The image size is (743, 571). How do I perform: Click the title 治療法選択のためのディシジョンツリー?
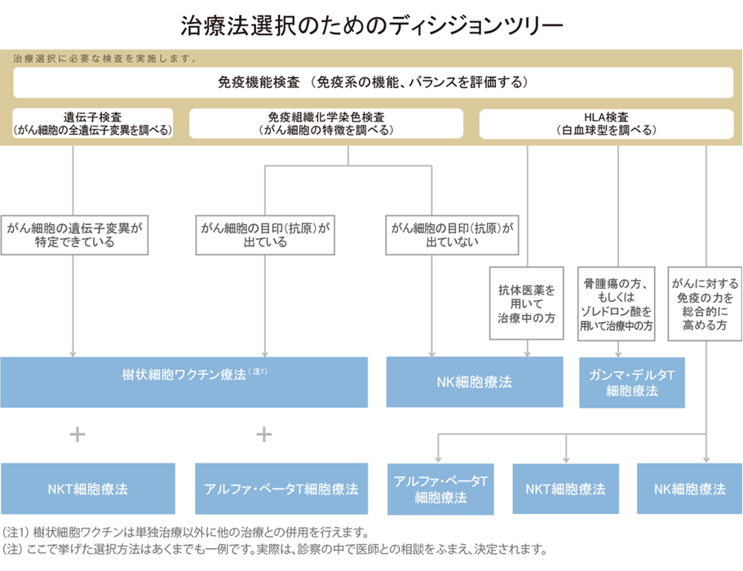pyautogui.click(x=372, y=25)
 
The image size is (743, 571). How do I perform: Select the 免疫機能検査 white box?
pyautogui.click(x=374, y=82)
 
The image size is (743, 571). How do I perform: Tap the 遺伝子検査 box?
pyautogui.click(x=93, y=123)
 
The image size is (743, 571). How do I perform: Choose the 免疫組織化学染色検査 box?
pyautogui.click(x=326, y=123)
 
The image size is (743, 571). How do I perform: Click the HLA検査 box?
pyautogui.click(x=607, y=124)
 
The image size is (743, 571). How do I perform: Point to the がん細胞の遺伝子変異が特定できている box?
pyautogui.click(x=74, y=235)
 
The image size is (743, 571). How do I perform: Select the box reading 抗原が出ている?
pyautogui.click(x=265, y=235)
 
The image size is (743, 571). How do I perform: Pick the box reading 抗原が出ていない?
pyautogui.click(x=452, y=235)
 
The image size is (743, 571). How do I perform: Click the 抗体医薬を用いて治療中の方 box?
pyautogui.click(x=526, y=303)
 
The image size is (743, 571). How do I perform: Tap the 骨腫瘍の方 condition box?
pyautogui.click(x=616, y=303)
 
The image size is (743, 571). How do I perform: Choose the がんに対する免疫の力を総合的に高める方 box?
pyautogui.click(x=705, y=303)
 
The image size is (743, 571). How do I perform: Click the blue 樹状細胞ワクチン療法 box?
pyautogui.click(x=184, y=382)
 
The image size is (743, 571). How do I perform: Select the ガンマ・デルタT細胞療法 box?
pyautogui.click(x=632, y=383)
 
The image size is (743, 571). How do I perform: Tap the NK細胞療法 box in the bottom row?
pyautogui.click(x=689, y=489)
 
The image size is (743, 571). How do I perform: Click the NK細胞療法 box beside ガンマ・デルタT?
pyautogui.click(x=475, y=382)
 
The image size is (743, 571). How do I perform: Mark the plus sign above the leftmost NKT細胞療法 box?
pyautogui.click(x=77, y=434)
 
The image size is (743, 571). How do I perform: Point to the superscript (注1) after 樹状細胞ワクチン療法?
pyautogui.click(x=259, y=371)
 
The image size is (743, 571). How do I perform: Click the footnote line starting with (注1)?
pyautogui.click(x=185, y=532)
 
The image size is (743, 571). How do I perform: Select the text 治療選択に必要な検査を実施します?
pyautogui.click(x=104, y=58)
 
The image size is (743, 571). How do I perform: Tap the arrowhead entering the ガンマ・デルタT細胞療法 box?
pyautogui.click(x=618, y=355)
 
